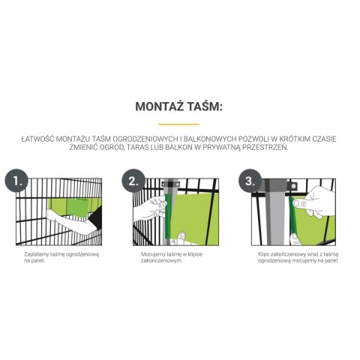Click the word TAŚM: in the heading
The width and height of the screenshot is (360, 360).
pos(205,106)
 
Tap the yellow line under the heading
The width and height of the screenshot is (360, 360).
pos(179,124)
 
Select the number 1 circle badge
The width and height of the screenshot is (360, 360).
pos(16,181)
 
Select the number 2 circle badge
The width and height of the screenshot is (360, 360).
pos(133,181)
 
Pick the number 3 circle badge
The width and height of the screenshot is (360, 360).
pos(250,181)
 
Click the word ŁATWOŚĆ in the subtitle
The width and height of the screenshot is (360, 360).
pos(37,139)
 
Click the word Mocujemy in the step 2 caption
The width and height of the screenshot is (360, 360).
pos(151,254)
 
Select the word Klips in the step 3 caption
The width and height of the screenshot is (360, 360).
pos(263,254)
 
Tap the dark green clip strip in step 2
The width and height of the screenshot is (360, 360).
pos(168,216)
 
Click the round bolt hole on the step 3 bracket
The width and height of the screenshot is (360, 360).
pos(293,186)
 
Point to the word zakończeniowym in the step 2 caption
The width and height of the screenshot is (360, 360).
pos(161,261)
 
